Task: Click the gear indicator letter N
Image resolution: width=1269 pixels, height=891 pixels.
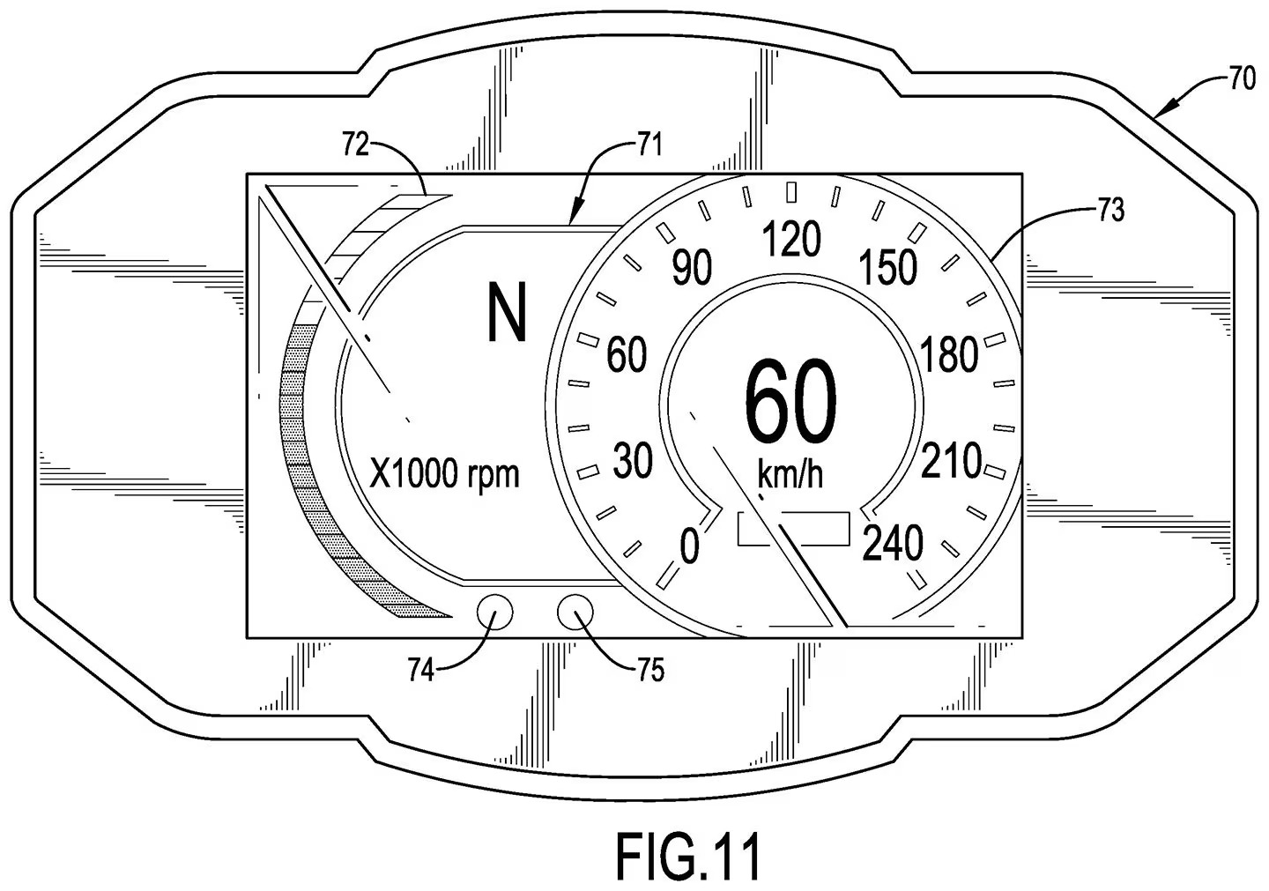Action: click(507, 313)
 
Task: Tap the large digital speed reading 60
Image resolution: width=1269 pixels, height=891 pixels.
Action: click(790, 402)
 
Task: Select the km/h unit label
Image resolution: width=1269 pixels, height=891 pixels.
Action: click(790, 475)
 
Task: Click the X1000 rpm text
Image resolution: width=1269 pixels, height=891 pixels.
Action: click(443, 473)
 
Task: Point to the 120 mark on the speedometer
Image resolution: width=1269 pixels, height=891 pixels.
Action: click(790, 239)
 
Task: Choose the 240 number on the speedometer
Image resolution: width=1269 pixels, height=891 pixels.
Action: click(892, 543)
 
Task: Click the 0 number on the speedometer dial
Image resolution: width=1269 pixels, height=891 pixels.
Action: click(689, 546)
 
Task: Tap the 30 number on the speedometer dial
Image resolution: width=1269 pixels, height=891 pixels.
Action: click(633, 461)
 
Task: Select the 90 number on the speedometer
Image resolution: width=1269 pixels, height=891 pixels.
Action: click(692, 267)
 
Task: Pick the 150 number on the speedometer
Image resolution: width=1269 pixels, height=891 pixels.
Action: click(888, 267)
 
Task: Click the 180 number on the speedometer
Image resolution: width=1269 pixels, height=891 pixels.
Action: click(949, 354)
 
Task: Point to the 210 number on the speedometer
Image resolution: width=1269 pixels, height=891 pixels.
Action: click(951, 461)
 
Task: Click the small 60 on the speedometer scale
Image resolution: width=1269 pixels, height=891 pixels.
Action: click(627, 354)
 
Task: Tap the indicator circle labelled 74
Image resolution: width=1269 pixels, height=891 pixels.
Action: click(494, 613)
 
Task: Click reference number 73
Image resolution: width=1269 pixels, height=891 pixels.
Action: click(1110, 210)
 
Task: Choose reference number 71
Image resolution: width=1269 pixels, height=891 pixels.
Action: click(649, 145)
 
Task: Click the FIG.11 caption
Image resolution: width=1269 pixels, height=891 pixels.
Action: click(687, 856)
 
